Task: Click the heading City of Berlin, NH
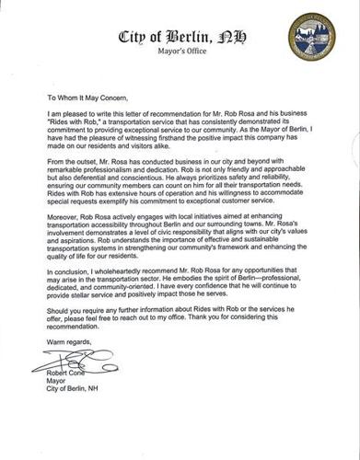tap(180, 37)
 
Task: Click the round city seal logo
tap(311, 37)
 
